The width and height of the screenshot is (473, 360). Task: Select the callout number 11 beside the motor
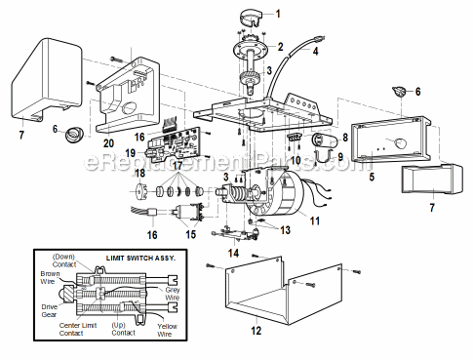point(315,221)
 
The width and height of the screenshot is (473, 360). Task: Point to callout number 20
point(95,141)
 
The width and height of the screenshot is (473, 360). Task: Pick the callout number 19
point(131,153)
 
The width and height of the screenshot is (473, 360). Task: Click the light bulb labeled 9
point(324,146)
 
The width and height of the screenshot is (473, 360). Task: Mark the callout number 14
point(232,254)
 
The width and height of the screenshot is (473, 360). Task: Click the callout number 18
point(139,173)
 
